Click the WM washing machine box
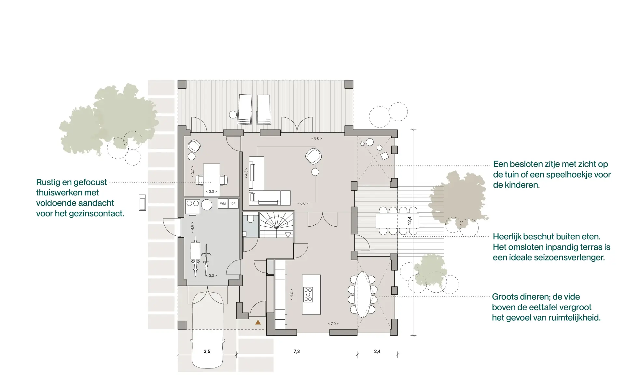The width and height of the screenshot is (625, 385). (x=223, y=204)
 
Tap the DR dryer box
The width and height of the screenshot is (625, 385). (x=233, y=204)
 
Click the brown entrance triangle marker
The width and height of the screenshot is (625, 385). (x=258, y=322)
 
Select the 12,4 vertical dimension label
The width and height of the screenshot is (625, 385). (x=410, y=221)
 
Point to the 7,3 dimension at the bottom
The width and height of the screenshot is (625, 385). (x=297, y=351)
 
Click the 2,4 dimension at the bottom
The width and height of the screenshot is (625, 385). (x=377, y=351)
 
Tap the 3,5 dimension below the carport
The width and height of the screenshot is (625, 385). (x=207, y=351)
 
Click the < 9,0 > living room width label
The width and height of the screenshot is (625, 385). (x=317, y=139)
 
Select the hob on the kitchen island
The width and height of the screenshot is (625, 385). (x=308, y=295)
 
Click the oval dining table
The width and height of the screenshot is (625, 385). (x=363, y=295)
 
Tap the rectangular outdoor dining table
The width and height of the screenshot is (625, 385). (x=397, y=221)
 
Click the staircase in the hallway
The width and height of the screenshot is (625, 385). (x=276, y=225)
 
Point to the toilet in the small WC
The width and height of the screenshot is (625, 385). (x=250, y=218)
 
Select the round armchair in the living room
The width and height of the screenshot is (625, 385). (x=313, y=156)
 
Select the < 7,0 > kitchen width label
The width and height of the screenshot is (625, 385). (x=333, y=324)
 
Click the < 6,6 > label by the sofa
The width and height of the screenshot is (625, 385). (x=303, y=204)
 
